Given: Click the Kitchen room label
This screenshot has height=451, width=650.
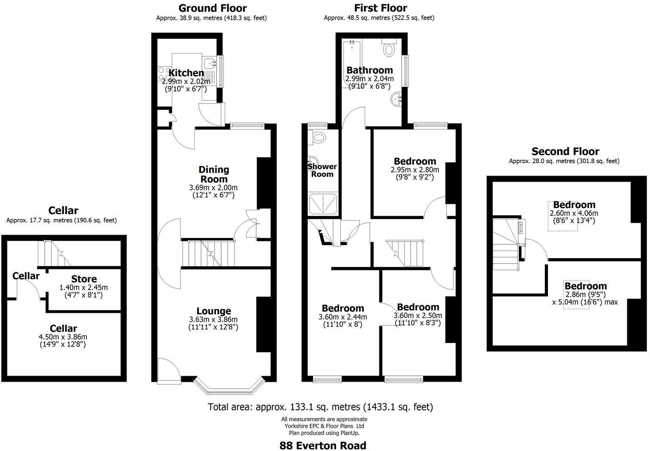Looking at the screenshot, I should tap(186, 73).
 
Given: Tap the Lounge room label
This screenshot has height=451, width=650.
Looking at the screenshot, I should tap(213, 311).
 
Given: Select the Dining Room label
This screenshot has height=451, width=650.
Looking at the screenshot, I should tap(213, 174).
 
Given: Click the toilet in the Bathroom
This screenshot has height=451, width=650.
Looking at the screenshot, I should tap(389, 48).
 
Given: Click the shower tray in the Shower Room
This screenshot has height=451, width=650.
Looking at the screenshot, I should tap(323, 204).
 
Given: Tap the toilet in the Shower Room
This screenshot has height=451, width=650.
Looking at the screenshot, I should tap(318, 136).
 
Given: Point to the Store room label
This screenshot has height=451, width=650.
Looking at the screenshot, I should tap(84, 279).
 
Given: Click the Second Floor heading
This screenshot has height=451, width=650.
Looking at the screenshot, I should tap(565, 152).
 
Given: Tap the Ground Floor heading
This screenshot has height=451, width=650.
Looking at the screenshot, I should tap(212, 8).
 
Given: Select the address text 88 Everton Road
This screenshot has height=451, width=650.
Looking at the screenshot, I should tap(323, 445).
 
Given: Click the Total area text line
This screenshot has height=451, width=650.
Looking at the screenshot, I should tap(320, 407).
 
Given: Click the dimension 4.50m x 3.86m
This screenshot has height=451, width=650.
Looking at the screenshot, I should tap(63, 337).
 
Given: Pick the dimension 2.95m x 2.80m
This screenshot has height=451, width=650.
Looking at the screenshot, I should tap(415, 170).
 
